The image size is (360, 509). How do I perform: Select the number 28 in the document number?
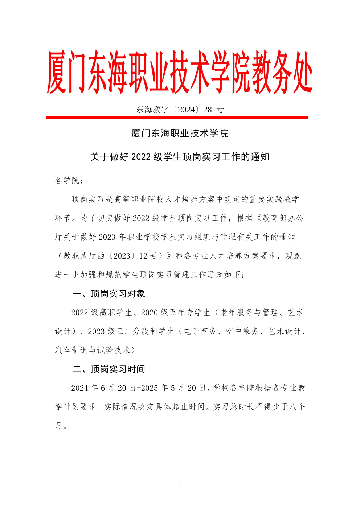tap(208, 110)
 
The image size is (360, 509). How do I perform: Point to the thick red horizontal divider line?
tap(177, 118)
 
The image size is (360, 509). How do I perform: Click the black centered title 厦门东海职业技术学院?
tap(180, 134)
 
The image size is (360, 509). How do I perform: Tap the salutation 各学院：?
tap(69, 180)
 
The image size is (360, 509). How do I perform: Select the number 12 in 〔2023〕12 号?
tap(143, 256)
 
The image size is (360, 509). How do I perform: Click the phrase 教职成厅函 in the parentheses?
tap(84, 256)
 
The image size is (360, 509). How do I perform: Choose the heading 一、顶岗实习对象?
tap(109, 294)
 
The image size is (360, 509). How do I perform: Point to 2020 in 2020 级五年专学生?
tap(150, 313)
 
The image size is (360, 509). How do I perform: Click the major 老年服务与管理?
tap(249, 313)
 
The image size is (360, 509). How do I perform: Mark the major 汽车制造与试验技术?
tap(93, 350)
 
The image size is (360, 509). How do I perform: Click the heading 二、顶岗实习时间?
tap(109, 369)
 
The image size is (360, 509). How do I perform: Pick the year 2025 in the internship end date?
tap(149, 388)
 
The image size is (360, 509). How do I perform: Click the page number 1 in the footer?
tap(180, 482)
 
